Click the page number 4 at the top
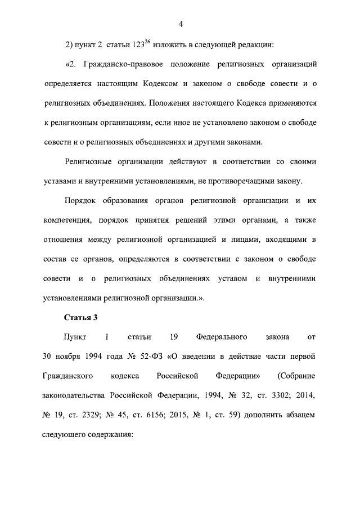coord(181,24)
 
